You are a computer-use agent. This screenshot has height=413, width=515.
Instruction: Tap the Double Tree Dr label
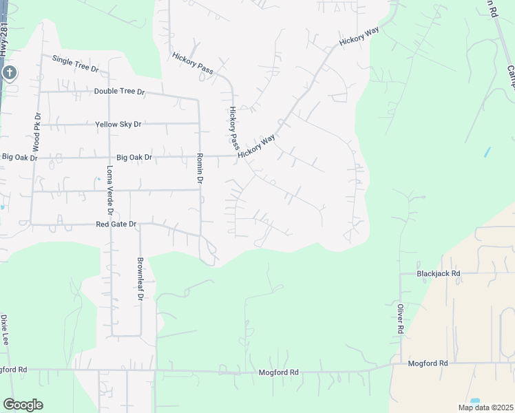(x=120, y=92)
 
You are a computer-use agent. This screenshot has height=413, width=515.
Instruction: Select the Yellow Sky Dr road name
(x=118, y=124)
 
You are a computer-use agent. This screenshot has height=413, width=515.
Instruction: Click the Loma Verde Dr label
(x=109, y=192)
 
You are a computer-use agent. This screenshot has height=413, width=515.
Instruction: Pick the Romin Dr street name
(x=200, y=168)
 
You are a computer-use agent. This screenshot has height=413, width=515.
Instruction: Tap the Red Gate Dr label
(x=116, y=224)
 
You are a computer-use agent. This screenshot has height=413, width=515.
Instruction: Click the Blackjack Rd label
(x=438, y=273)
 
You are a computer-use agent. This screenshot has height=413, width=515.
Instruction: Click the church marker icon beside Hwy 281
(x=9, y=73)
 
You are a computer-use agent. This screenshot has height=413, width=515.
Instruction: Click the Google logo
(x=23, y=405)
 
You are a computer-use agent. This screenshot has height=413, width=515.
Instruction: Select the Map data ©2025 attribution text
(x=485, y=407)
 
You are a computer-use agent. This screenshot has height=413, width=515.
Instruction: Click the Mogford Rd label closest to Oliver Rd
(x=428, y=363)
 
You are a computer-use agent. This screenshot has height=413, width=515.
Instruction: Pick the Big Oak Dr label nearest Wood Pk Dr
(x=19, y=158)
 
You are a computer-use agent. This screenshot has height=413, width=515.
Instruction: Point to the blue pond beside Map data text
(x=474, y=401)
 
